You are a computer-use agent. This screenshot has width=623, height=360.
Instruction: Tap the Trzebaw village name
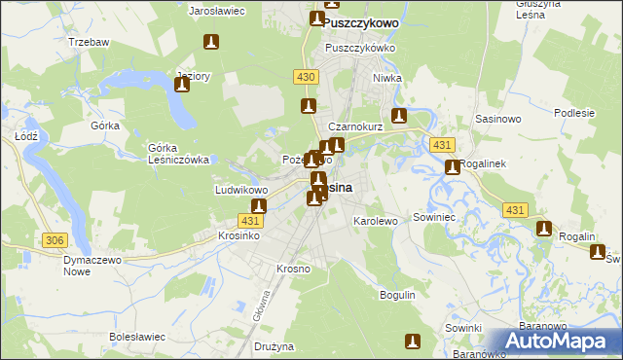(87, 43)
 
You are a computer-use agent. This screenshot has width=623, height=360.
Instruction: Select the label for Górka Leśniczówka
(179, 154)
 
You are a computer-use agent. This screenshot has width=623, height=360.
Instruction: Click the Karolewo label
(375, 221)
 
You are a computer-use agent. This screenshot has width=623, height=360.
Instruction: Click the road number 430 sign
(305, 76)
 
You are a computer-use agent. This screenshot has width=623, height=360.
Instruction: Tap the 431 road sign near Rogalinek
(444, 145)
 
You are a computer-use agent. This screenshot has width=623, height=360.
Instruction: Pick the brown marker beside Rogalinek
(453, 168)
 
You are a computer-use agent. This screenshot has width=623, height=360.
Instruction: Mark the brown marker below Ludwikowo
(259, 206)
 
